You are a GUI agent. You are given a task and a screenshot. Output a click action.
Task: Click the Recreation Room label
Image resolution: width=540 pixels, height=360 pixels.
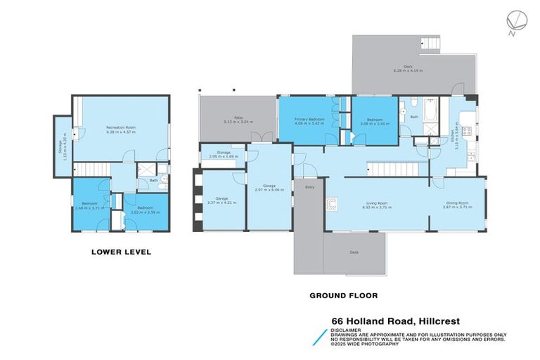120,127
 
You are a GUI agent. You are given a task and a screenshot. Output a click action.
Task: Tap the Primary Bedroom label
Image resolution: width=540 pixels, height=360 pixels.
309,119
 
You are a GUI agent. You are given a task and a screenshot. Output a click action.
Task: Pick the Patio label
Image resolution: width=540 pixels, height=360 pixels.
238,118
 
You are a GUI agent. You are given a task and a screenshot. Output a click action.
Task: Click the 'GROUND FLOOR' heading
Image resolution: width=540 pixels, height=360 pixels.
344,295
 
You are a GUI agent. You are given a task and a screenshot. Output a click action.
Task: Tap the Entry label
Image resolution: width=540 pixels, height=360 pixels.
309,187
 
